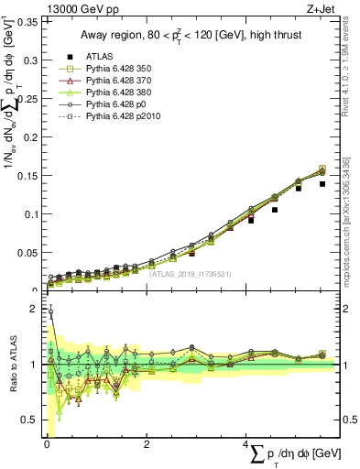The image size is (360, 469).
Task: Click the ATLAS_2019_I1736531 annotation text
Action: pos(191,274)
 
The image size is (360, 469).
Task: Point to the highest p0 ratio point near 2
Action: pos(50,312)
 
